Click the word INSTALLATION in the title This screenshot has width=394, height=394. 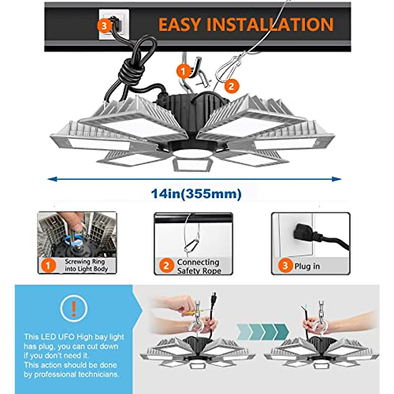click(x=271, y=25)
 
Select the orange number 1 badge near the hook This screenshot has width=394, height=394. click(x=183, y=71)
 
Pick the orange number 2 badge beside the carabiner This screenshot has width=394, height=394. click(x=231, y=86)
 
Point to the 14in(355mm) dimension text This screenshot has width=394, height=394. click(x=196, y=194)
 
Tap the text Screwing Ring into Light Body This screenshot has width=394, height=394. click(x=86, y=265)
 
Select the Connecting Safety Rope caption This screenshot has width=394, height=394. click(x=199, y=266)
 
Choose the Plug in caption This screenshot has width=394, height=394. click(x=307, y=266)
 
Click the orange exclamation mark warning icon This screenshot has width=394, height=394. click(x=74, y=308)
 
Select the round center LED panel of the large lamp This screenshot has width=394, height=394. click(x=191, y=153)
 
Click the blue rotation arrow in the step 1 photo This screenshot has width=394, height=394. click(x=73, y=241)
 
